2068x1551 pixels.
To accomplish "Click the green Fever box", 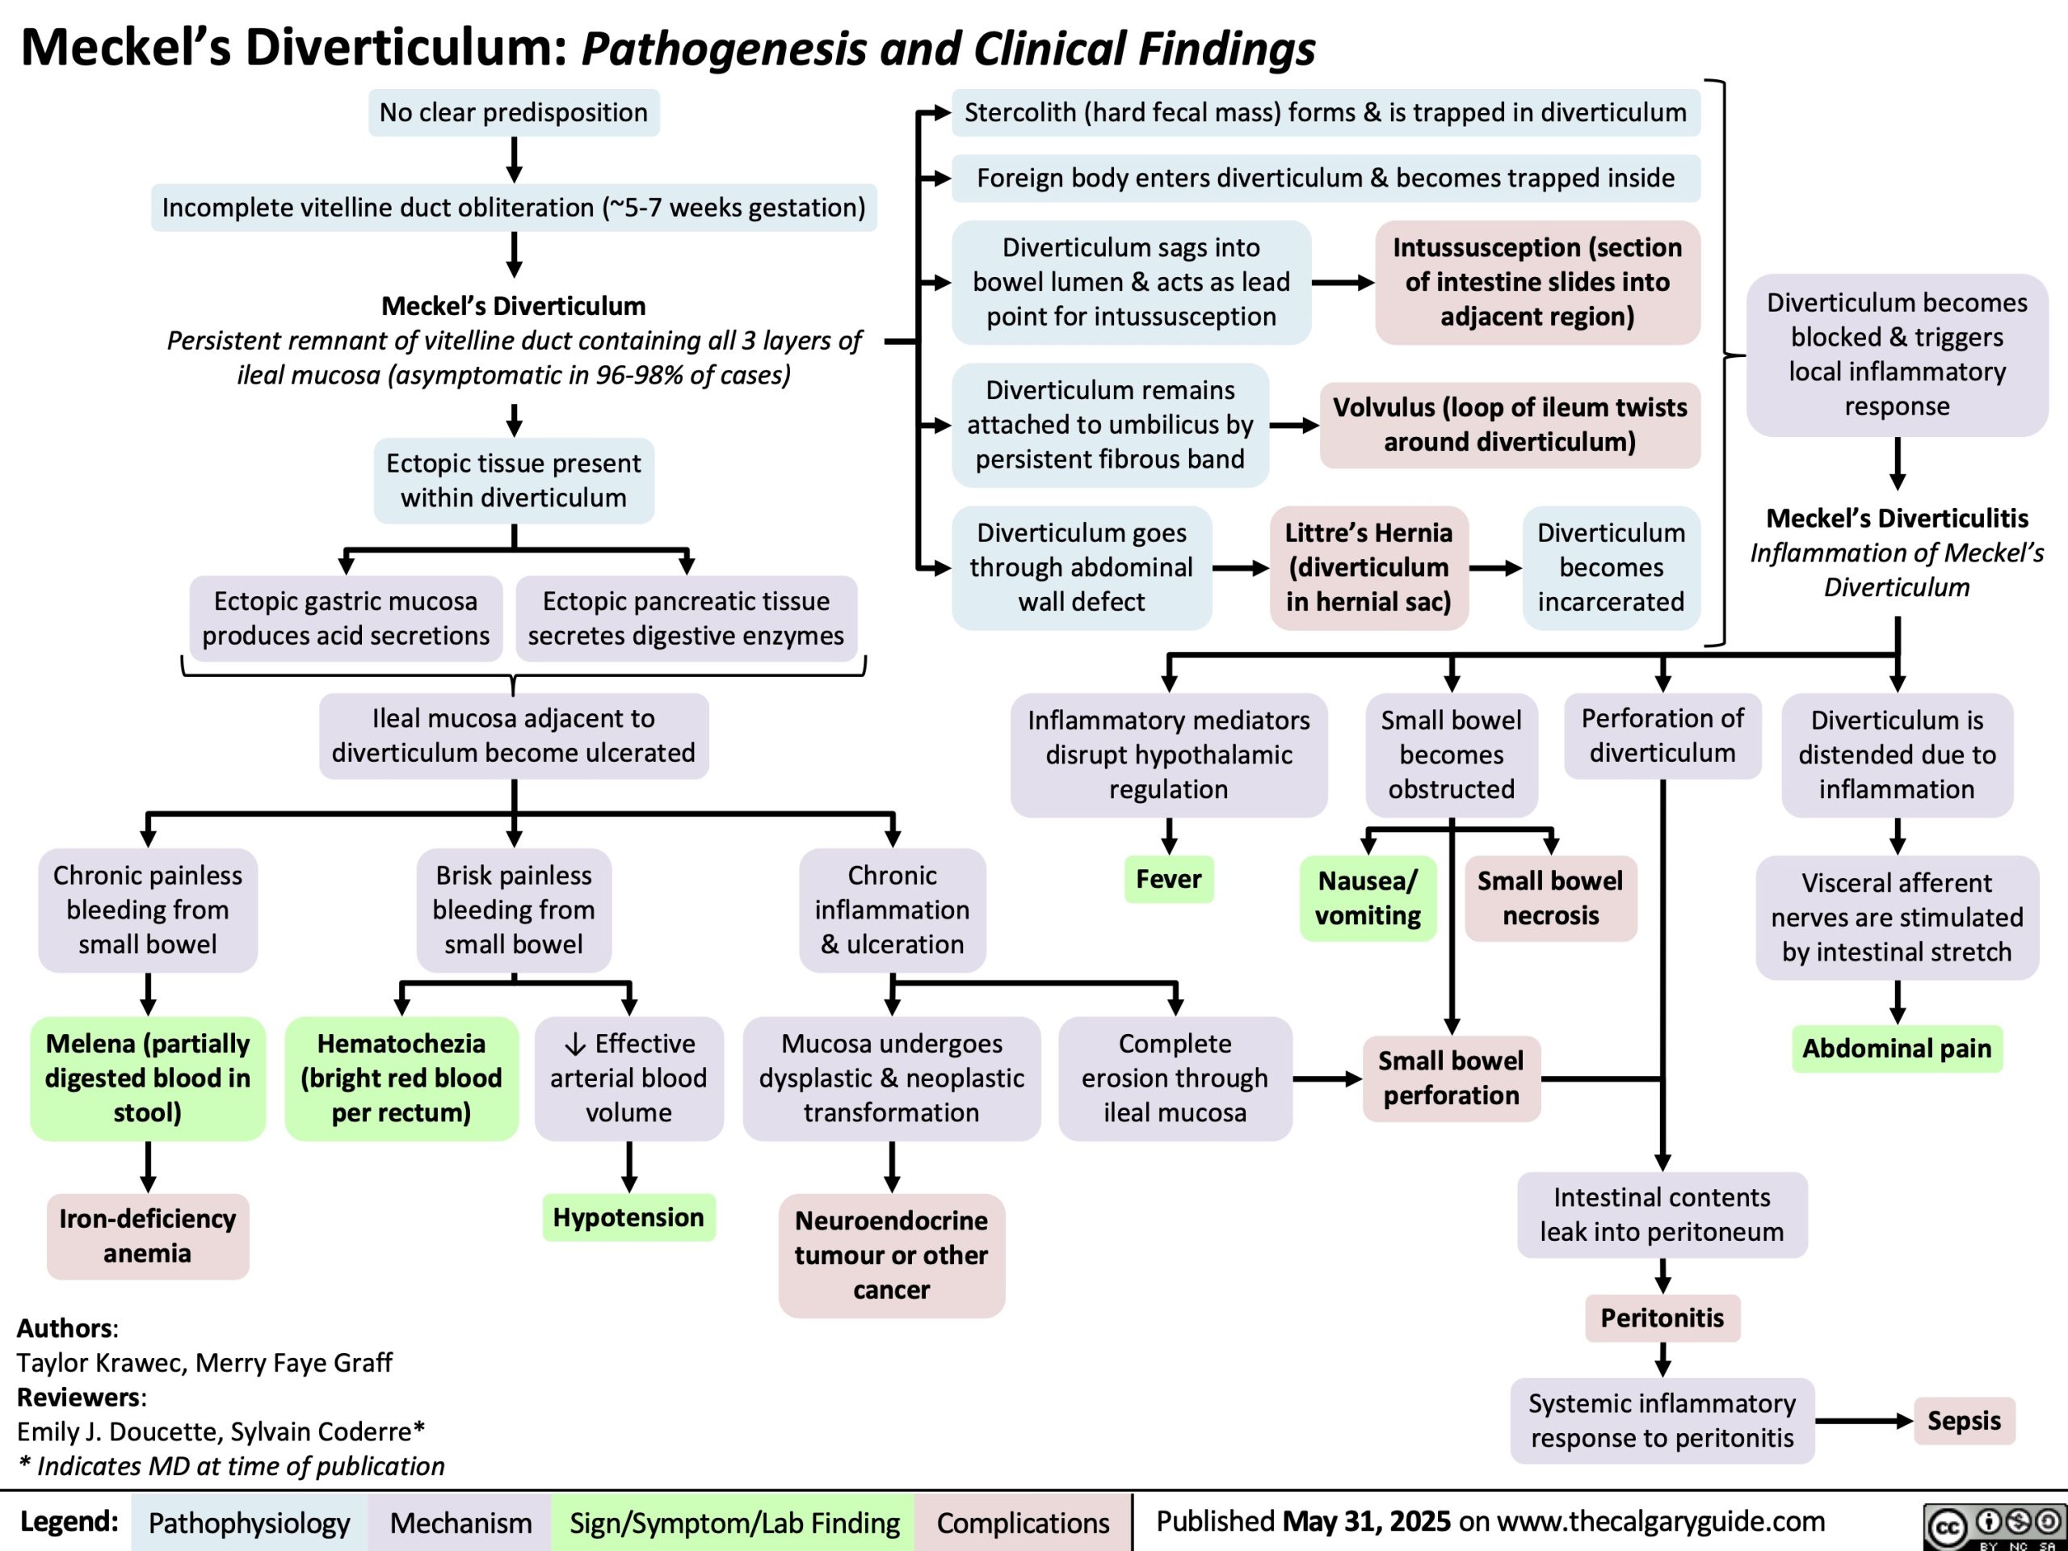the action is [1169, 879].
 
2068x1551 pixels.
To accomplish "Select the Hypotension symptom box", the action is [628, 1217].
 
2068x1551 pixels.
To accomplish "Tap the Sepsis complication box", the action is [1965, 1420].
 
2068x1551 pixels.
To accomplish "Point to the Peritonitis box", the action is [1662, 1318].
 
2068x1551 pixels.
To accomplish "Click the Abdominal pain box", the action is [1897, 1048].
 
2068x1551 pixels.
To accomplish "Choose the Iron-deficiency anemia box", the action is [148, 1236].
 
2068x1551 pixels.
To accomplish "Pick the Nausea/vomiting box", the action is [1368, 897].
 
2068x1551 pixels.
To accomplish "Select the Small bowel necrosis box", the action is [1551, 897].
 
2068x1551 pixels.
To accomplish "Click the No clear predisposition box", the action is [513, 112].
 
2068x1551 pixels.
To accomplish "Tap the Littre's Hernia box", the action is [1368, 567].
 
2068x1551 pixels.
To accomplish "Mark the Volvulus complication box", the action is [1510, 424].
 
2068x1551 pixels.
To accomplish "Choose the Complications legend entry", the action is [1023, 1523].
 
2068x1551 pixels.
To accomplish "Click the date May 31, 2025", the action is [1367, 1521].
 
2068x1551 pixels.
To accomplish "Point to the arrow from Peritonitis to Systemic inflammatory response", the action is [1662, 1360].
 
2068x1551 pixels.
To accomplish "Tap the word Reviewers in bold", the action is [79, 1397].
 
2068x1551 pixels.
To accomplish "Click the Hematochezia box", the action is [401, 1078].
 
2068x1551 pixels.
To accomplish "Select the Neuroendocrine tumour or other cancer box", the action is [892, 1255].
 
